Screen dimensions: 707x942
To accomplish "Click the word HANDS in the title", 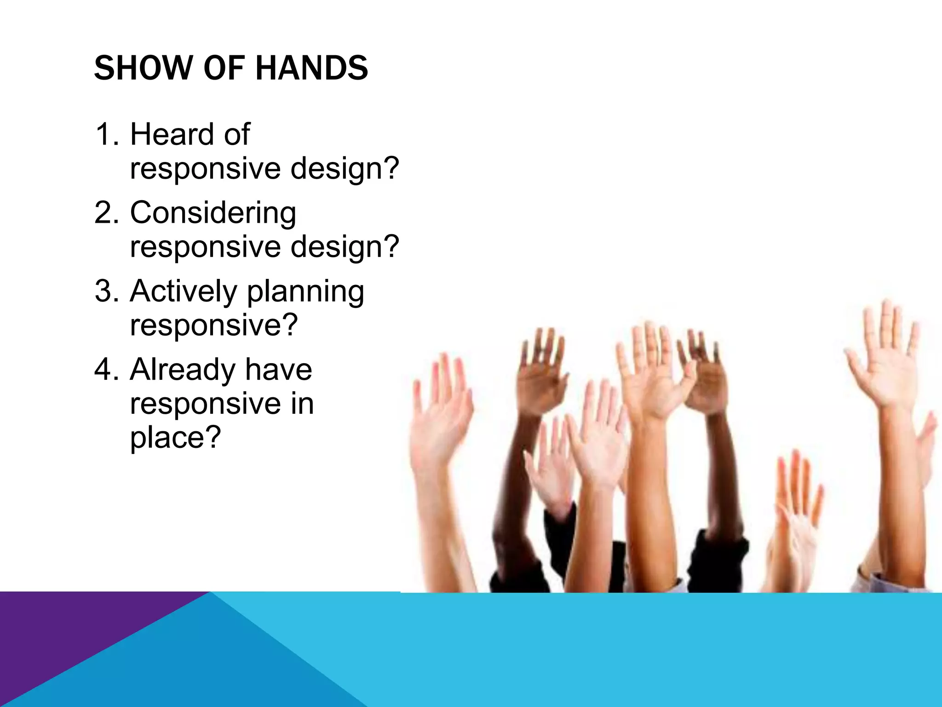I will [x=311, y=68].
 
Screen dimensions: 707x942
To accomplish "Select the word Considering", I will [x=213, y=214].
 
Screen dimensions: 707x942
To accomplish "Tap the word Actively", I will [x=183, y=292].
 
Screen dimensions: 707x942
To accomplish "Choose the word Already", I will [x=182, y=370].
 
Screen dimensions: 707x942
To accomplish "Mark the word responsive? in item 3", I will [x=214, y=326].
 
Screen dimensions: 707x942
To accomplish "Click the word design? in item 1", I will [x=345, y=168].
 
